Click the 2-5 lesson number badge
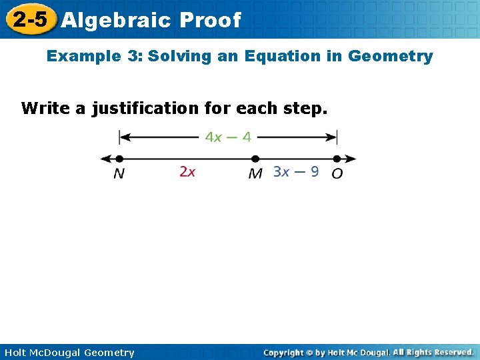(x=30, y=19)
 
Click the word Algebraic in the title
(x=117, y=20)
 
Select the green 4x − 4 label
(x=228, y=137)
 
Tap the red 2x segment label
(x=187, y=172)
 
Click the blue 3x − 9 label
(x=296, y=172)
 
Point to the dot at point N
(x=119, y=159)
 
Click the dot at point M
(x=254, y=159)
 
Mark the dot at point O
(x=337, y=159)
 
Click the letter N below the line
(x=119, y=173)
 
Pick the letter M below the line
(x=255, y=173)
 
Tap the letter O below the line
(x=337, y=173)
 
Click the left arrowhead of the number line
(x=104, y=159)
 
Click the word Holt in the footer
(x=15, y=353)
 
